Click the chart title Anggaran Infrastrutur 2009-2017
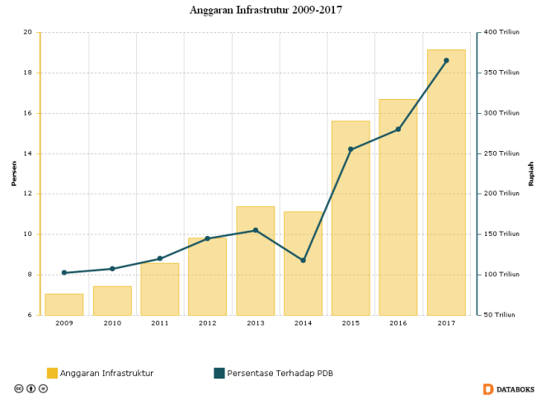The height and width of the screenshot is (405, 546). pyautogui.click(x=266, y=10)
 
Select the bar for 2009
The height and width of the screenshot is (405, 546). pyautogui.click(x=64, y=304)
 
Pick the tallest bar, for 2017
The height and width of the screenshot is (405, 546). pyautogui.click(x=446, y=181)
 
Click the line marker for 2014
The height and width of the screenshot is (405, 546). pyautogui.click(x=303, y=261)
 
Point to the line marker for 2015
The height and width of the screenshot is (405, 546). pyautogui.click(x=351, y=149)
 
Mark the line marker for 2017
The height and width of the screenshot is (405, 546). pyautogui.click(x=446, y=60)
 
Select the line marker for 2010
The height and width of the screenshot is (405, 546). pyautogui.click(x=112, y=269)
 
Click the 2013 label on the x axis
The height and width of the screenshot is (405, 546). pyautogui.click(x=255, y=323)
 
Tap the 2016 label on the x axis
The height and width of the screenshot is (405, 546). pyautogui.click(x=398, y=323)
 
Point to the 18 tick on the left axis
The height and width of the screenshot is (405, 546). pyautogui.click(x=27, y=73)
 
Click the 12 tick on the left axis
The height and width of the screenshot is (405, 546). pyautogui.click(x=27, y=194)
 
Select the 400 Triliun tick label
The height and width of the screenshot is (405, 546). pyautogui.click(x=501, y=32)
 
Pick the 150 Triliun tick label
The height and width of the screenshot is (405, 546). pyautogui.click(x=501, y=234)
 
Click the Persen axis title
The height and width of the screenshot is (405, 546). pyautogui.click(x=13, y=173)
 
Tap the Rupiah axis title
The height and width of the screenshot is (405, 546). pyautogui.click(x=531, y=173)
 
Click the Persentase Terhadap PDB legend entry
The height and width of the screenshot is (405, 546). pyautogui.click(x=273, y=374)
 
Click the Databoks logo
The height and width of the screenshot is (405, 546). pyautogui.click(x=508, y=389)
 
